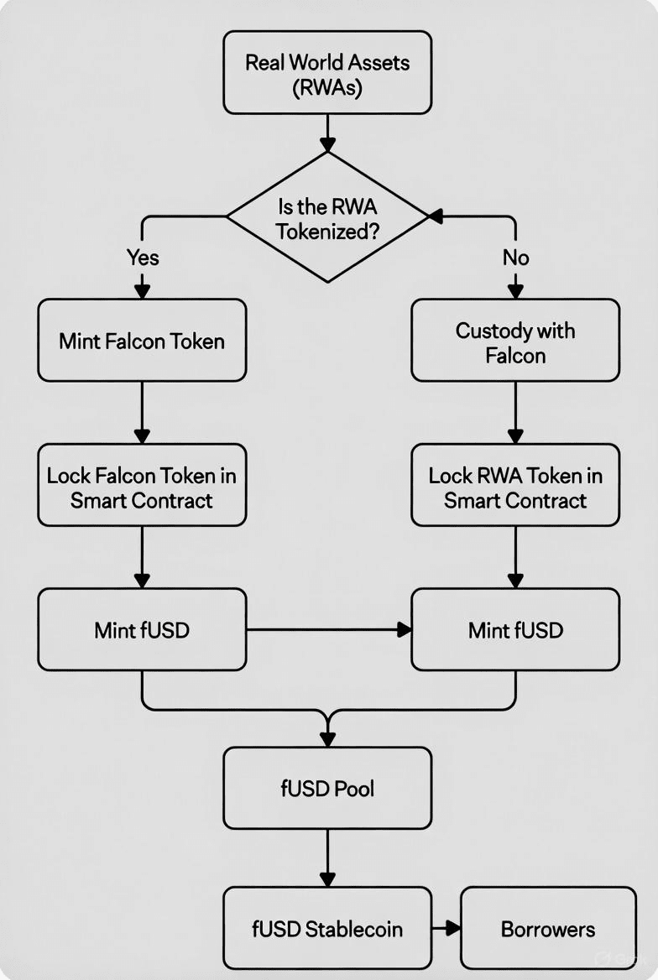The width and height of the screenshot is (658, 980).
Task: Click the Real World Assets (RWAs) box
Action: (327, 73)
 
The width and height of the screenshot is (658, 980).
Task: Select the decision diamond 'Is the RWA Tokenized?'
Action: (327, 217)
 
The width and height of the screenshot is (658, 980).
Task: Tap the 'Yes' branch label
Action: (142, 257)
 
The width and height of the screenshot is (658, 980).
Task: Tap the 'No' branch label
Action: (515, 257)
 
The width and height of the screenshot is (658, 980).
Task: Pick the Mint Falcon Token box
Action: (142, 341)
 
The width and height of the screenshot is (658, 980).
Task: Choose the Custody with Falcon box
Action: (515, 341)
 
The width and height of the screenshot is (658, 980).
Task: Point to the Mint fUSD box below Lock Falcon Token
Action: (142, 629)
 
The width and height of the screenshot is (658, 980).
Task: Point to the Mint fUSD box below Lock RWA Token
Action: (515, 629)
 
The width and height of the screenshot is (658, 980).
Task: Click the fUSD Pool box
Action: (327, 788)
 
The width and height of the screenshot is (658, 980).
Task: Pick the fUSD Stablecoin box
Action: (327, 928)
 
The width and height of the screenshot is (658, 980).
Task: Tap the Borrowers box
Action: (548, 928)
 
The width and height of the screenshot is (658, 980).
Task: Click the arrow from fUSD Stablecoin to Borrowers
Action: (446, 928)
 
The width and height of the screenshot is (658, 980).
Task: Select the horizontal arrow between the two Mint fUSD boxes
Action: (327, 628)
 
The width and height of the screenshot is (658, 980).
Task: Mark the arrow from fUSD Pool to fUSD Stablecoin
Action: (327, 857)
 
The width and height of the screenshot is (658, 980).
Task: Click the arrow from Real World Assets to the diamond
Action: (327, 132)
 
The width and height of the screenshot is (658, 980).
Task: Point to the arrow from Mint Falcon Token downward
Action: (142, 411)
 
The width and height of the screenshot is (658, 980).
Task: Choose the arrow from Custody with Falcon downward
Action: (515, 411)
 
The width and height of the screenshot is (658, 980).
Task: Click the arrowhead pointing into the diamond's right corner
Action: (436, 216)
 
